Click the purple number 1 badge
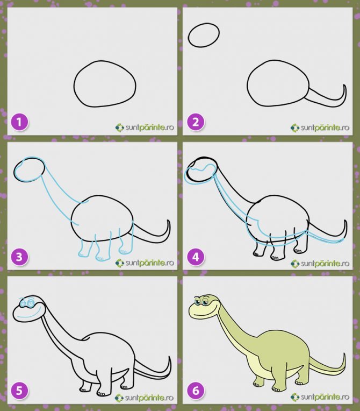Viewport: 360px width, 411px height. pyautogui.click(x=19, y=122)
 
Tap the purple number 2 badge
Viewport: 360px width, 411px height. pyautogui.click(x=196, y=122)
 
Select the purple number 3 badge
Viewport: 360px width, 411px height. pyautogui.click(x=19, y=257)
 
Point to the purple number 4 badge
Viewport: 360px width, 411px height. pyautogui.click(x=196, y=257)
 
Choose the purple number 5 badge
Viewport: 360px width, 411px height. pyautogui.click(x=19, y=392)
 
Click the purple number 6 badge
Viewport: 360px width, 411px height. pyautogui.click(x=196, y=392)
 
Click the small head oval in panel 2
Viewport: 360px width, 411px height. pyautogui.click(x=204, y=24)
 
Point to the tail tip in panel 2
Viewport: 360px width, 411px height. pyautogui.click(x=344, y=85)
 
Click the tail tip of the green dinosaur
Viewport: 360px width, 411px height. pyautogui.click(x=344, y=354)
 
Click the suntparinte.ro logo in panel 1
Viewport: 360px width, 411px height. pyautogui.click(x=145, y=127)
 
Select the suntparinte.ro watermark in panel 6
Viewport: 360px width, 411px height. pyautogui.click(x=320, y=398)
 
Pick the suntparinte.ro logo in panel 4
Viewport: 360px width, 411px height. pyautogui.click(x=320, y=263)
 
